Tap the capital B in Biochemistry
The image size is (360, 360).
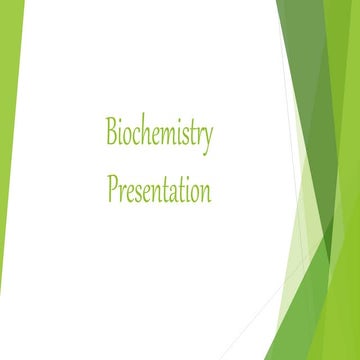click(113, 132)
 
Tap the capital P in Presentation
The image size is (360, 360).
click(112, 187)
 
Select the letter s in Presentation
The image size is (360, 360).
click(140, 190)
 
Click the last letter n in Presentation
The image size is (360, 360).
click(205, 190)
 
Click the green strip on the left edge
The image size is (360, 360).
click(10, 150)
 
